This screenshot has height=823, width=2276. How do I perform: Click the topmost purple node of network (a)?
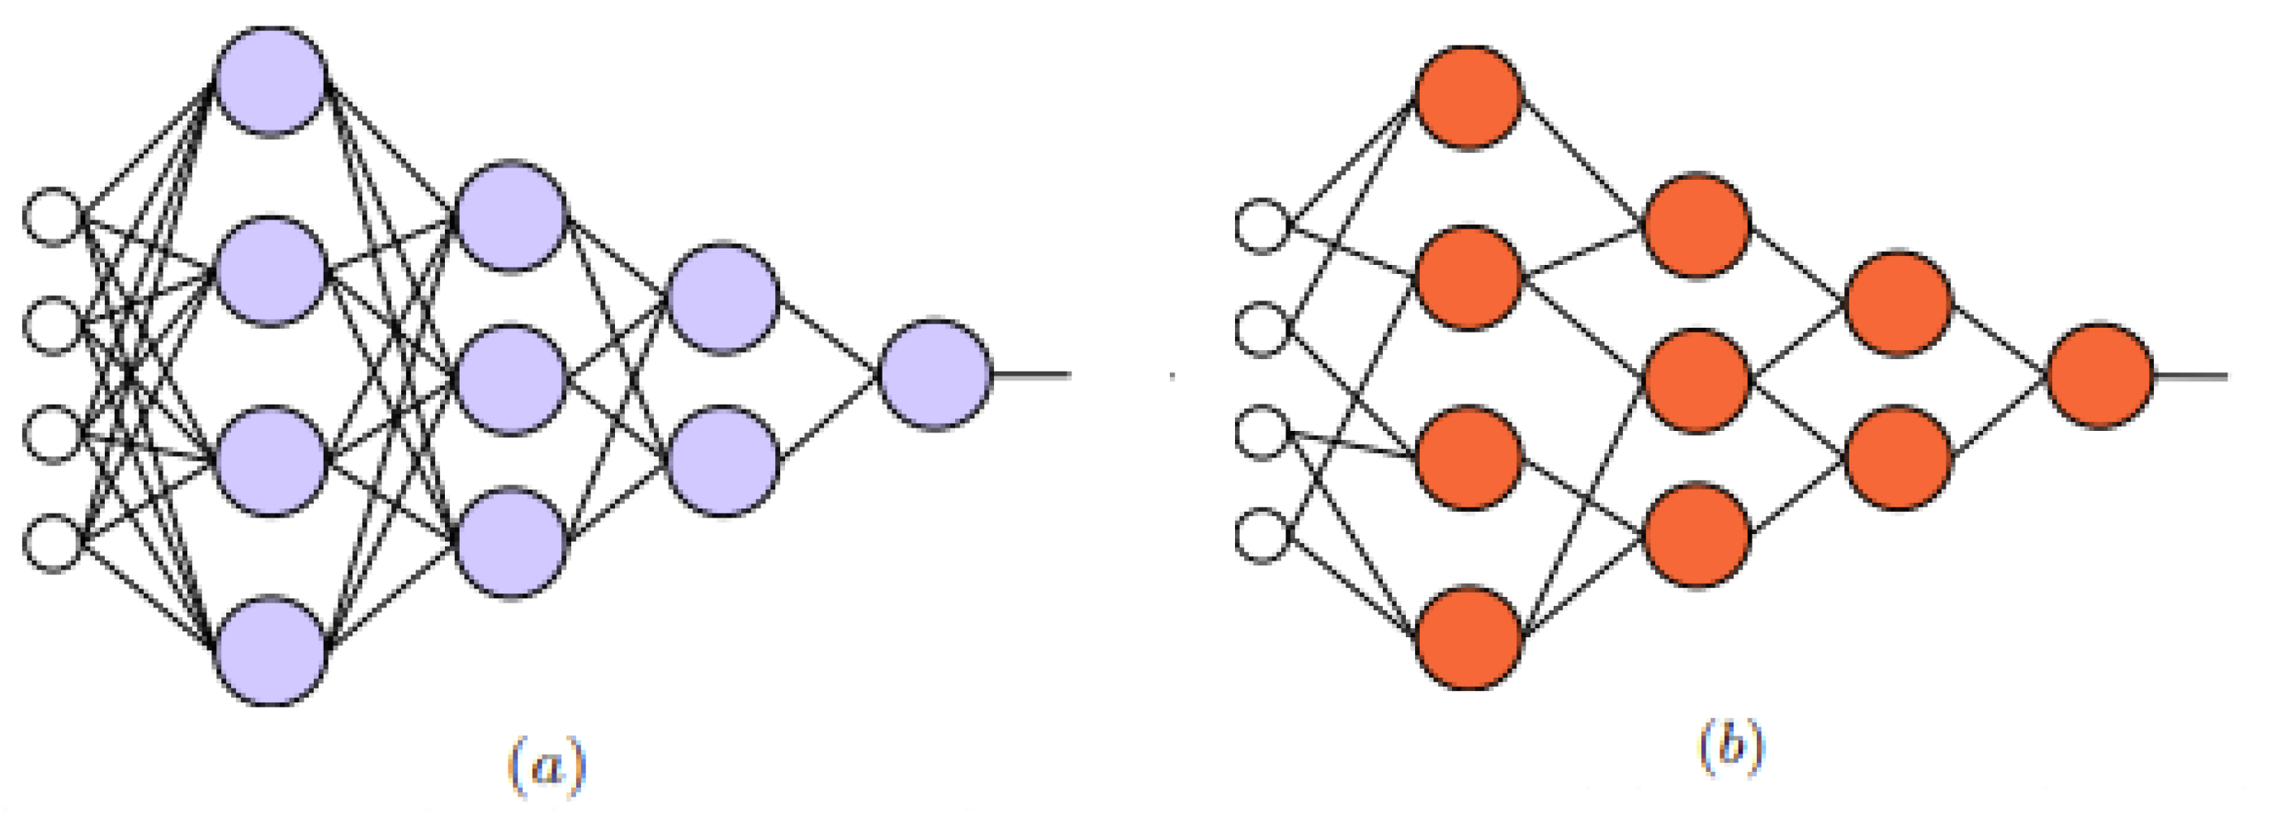272,81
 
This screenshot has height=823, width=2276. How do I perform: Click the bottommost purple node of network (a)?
272,650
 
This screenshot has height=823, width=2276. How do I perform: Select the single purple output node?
935,376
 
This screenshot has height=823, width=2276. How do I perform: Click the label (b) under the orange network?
1731,747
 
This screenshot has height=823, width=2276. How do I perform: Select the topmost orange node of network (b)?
1469,97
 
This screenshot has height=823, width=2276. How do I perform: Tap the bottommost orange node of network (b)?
1469,637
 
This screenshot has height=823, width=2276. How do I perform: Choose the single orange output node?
2101,376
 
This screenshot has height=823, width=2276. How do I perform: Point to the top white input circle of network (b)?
1262,227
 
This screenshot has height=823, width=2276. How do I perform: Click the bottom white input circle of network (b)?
1262,536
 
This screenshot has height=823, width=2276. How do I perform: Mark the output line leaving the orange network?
2191,376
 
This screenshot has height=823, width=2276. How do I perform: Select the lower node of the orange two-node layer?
1899,457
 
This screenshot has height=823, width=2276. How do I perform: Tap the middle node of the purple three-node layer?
511,380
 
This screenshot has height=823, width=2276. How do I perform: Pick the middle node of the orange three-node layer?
1696,381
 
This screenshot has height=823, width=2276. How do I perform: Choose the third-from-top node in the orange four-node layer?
1469,457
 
